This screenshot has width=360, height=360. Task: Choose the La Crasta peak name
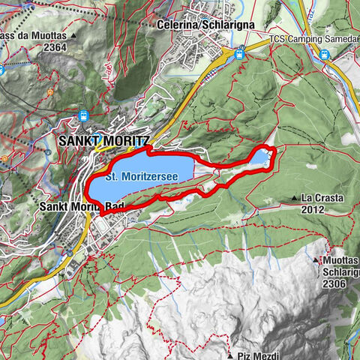(x=322, y=199)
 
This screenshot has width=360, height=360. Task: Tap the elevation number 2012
(x=313, y=210)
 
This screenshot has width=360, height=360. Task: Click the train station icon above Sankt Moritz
(x=83, y=116)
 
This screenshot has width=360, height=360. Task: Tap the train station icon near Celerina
(x=239, y=54)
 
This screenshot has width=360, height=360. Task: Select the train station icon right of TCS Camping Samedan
(x=325, y=55)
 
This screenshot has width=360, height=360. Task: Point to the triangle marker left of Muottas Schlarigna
(x=316, y=260)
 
